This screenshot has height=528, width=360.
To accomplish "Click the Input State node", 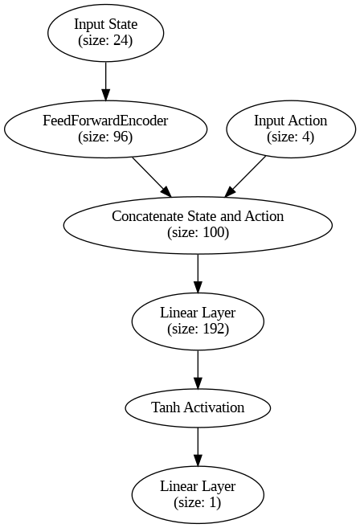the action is tap(106, 33).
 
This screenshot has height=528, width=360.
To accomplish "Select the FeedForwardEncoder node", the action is tap(106, 129).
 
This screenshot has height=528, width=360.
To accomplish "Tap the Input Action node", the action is tap(291, 129).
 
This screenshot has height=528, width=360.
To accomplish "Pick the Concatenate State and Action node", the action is tap(198, 225).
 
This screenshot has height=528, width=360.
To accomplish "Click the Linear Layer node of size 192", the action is tap(198, 321).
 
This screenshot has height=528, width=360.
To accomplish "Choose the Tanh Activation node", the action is tap(198, 407).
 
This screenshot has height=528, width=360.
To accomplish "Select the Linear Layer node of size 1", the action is tap(198, 495).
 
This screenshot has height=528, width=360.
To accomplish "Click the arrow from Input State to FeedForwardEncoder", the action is tap(106, 81).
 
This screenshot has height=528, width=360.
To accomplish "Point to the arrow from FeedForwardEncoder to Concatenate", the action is tap(152, 177).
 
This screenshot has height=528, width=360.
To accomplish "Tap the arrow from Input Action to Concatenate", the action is tap(245, 177).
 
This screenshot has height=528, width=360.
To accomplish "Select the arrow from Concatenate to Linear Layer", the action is tap(198, 273).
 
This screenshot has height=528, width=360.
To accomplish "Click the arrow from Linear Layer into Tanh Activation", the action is tap(198, 370).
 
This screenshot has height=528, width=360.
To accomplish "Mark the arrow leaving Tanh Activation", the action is tap(198, 447).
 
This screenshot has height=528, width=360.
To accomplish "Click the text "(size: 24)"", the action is tap(105, 40).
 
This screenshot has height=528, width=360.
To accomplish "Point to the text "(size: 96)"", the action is tap(105, 137).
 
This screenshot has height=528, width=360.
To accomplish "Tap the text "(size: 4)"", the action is tap(291, 137).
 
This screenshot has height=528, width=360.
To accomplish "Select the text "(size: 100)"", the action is tap(198, 233).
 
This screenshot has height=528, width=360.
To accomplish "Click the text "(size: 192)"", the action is tap(198, 329).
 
